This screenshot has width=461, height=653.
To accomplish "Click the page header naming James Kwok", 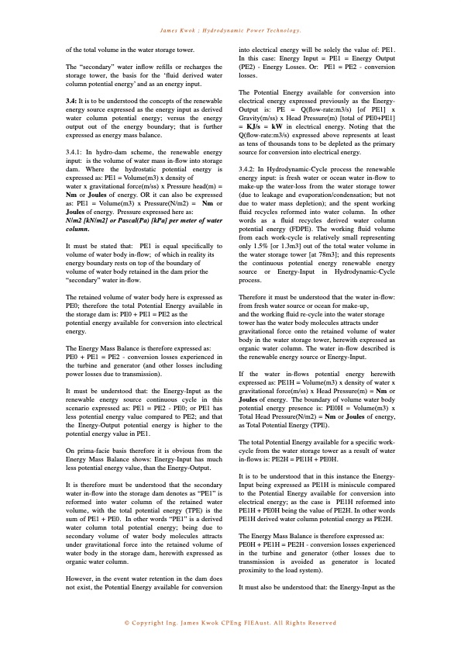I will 230,30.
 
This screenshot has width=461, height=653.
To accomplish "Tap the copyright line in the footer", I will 230,623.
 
